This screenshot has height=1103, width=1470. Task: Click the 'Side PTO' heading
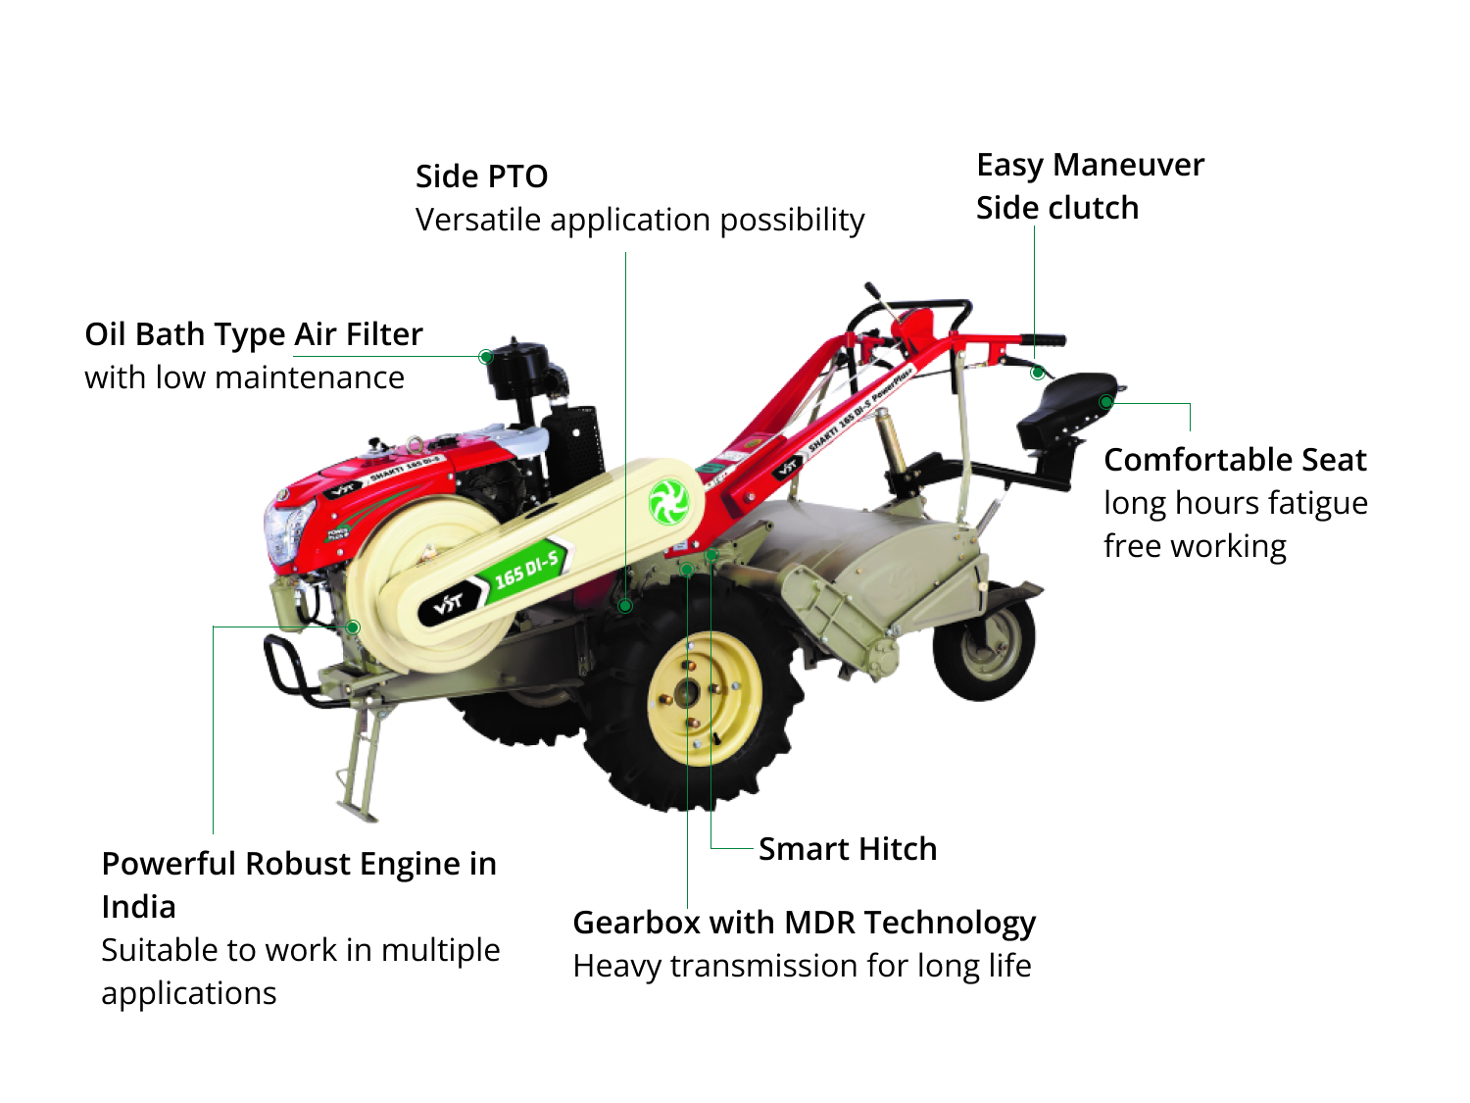[x=481, y=176]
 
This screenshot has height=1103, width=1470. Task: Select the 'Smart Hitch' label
[x=847, y=849]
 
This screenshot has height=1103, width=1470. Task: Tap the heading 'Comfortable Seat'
[x=1235, y=460]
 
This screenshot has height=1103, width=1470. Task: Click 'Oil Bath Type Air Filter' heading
[x=254, y=334]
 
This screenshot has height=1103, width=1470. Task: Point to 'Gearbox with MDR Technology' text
[x=804, y=923]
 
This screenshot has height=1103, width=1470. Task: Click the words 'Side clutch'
[x=1057, y=208]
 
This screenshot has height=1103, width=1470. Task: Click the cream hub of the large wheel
[x=704, y=696]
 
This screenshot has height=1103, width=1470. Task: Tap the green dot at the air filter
[x=485, y=357]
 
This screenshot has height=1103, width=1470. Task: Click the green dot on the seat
[x=1105, y=401]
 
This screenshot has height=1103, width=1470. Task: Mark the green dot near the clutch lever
[x=1037, y=373]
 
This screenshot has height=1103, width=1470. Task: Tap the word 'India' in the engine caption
[x=138, y=907]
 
